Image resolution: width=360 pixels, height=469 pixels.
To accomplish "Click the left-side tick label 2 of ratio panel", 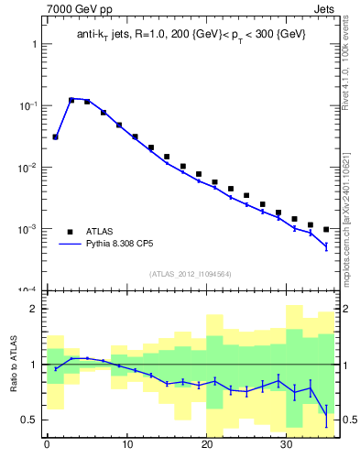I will point(32,309).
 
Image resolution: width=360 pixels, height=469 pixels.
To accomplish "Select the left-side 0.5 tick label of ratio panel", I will point(27,420).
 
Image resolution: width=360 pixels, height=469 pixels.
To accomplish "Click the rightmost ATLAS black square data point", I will point(326,229).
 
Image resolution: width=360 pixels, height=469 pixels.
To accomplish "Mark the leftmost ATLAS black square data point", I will point(55,136).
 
